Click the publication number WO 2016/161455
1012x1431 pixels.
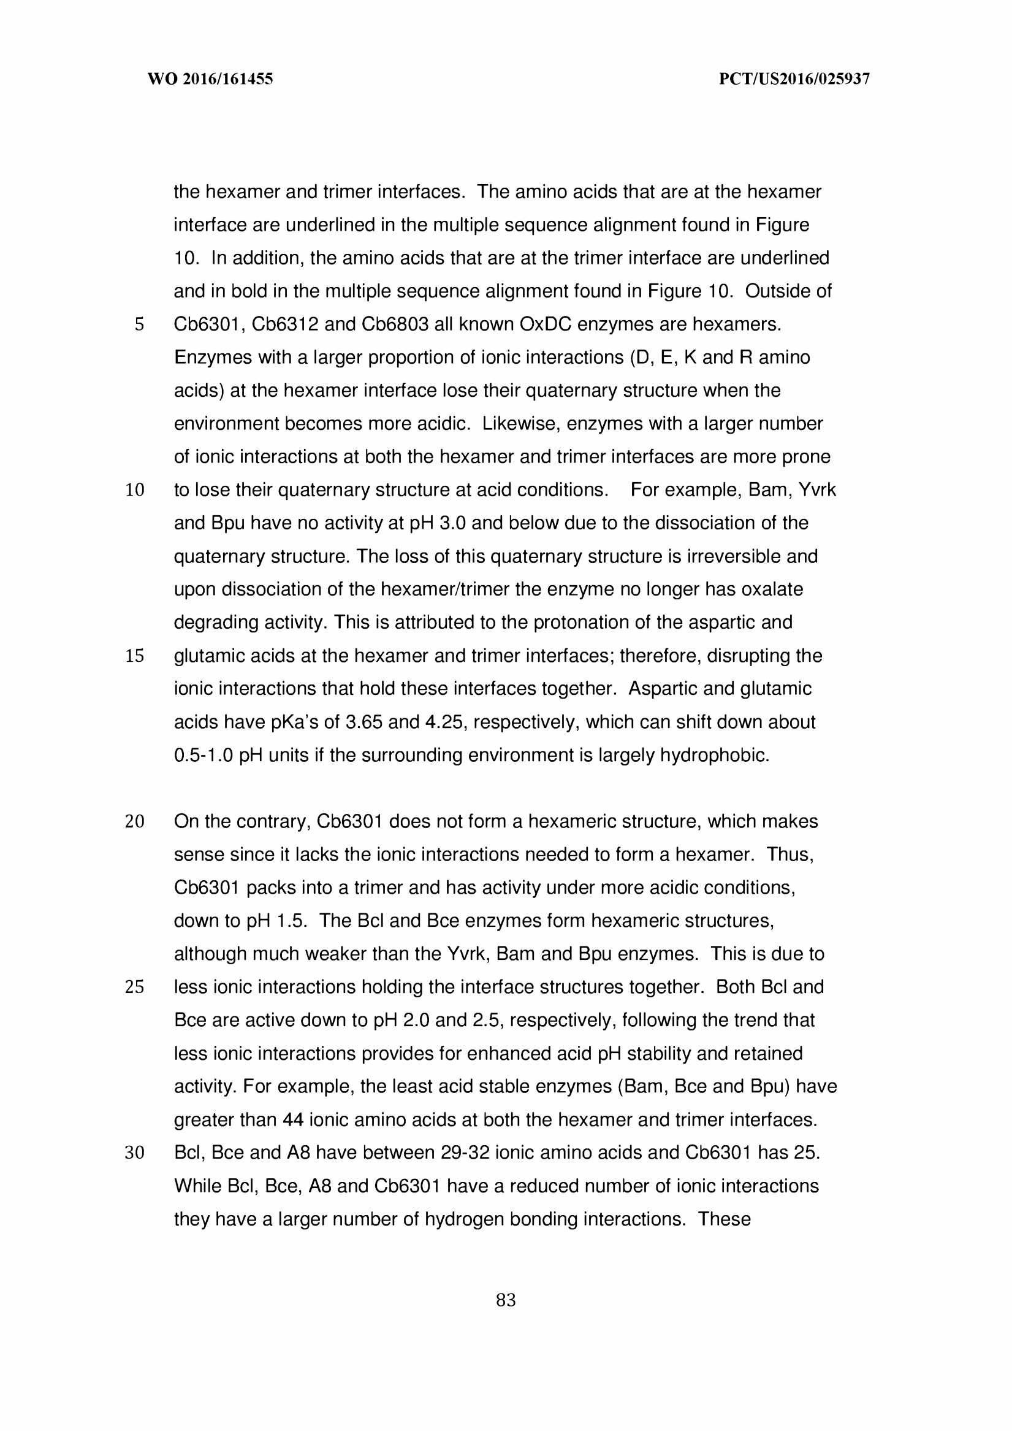(210, 79)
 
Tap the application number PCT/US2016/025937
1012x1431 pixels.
(794, 79)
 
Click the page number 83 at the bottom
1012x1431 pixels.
(505, 1300)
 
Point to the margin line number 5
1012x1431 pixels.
(139, 324)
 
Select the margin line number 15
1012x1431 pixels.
(135, 655)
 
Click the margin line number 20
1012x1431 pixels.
(135, 821)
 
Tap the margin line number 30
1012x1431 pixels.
(135, 1153)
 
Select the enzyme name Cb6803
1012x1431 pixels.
(395, 324)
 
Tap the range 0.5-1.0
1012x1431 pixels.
(203, 755)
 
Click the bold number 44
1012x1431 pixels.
(293, 1120)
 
